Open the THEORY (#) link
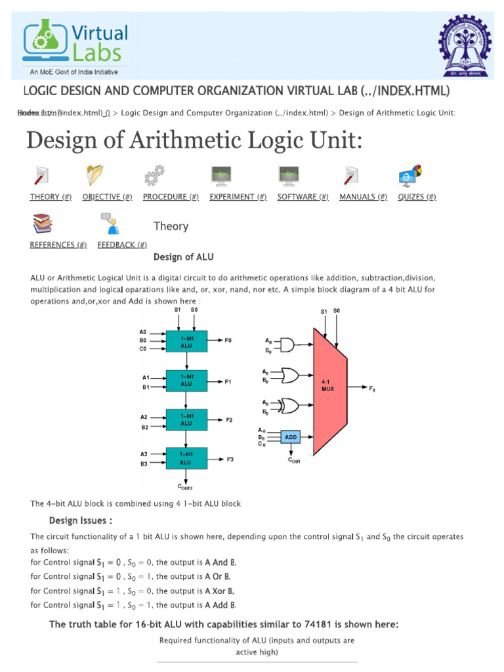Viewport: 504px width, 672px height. [x=51, y=197]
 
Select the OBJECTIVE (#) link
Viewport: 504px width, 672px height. [x=108, y=197]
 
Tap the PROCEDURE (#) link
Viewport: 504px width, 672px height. [x=171, y=197]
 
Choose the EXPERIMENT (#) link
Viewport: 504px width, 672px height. [x=238, y=197]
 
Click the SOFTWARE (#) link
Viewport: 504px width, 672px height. [x=303, y=197]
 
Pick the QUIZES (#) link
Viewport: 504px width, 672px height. [x=417, y=197]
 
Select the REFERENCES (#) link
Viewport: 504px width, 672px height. [x=58, y=245]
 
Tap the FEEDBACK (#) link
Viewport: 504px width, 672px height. [x=122, y=245]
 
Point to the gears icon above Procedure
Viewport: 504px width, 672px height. [x=154, y=176]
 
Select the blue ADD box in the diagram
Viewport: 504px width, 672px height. [x=290, y=436]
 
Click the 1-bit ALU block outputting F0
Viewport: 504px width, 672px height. [x=186, y=341]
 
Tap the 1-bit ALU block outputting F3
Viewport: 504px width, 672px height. [x=186, y=457]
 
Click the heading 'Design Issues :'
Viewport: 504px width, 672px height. [x=81, y=520]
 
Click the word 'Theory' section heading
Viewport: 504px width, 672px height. [x=171, y=226]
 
